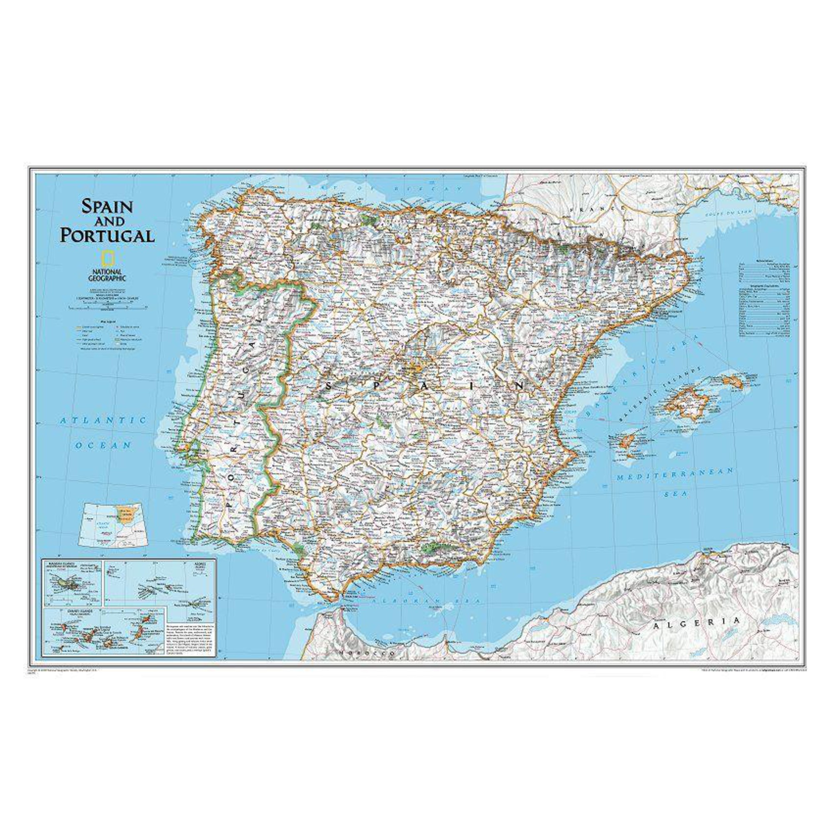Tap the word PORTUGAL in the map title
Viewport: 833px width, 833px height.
(107, 235)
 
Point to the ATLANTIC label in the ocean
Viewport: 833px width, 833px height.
(103, 420)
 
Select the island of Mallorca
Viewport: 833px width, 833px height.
(687, 405)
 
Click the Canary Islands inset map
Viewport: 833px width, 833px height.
(103, 636)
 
